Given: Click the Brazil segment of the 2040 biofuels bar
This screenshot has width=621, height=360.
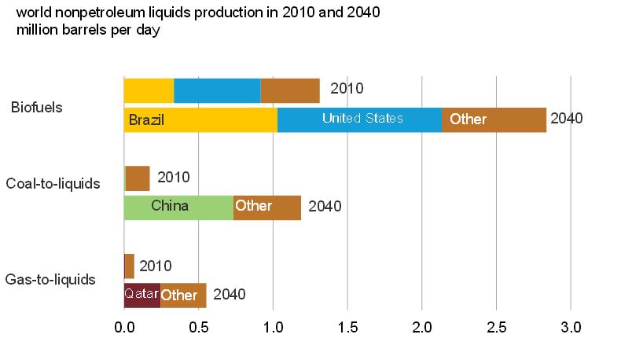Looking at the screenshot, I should [200, 119].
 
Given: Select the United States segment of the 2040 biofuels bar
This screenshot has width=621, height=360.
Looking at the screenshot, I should [359, 119].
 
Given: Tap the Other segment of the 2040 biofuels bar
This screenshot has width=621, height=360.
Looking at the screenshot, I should [494, 119].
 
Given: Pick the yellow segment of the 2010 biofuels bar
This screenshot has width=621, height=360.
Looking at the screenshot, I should [149, 90].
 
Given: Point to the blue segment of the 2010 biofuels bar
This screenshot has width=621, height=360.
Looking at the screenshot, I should [217, 90].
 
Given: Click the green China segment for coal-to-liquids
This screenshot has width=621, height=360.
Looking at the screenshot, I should [178, 207].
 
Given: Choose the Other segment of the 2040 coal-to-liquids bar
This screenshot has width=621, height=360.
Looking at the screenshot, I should [267, 207].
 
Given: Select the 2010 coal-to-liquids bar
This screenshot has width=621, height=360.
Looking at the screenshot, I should [137, 178].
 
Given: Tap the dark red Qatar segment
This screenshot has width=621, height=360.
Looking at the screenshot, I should [142, 295].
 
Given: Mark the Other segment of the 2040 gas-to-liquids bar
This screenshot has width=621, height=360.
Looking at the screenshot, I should [183, 295].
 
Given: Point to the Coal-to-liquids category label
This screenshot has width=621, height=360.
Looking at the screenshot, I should [53, 184].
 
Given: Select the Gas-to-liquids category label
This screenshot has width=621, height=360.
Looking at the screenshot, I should [50, 278].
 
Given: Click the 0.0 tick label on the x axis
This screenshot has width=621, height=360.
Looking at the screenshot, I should [124, 326].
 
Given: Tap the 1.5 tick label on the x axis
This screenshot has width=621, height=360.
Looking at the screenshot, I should [347, 326].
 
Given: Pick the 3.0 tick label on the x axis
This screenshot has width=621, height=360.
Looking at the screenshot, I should [571, 326].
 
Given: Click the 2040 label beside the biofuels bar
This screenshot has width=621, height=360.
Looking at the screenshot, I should [566, 119].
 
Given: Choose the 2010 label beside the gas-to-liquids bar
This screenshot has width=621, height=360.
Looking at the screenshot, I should [155, 266].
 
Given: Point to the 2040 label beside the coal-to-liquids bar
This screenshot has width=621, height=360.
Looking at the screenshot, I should [325, 207].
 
